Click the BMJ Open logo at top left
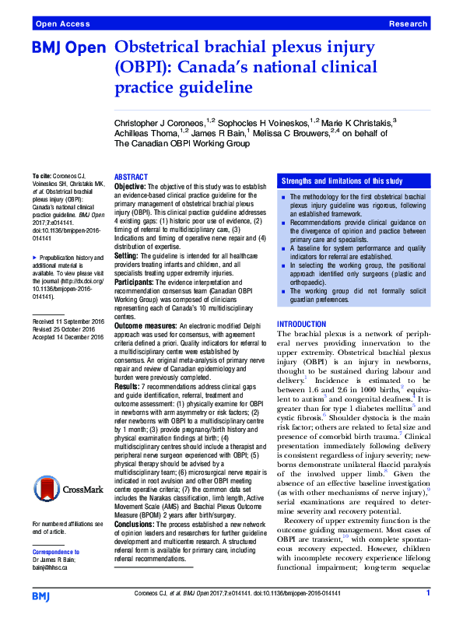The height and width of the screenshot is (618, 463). coord(68,49)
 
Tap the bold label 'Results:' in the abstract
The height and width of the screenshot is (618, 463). coord(128,366)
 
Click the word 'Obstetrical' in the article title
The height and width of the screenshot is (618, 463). coord(160,47)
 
